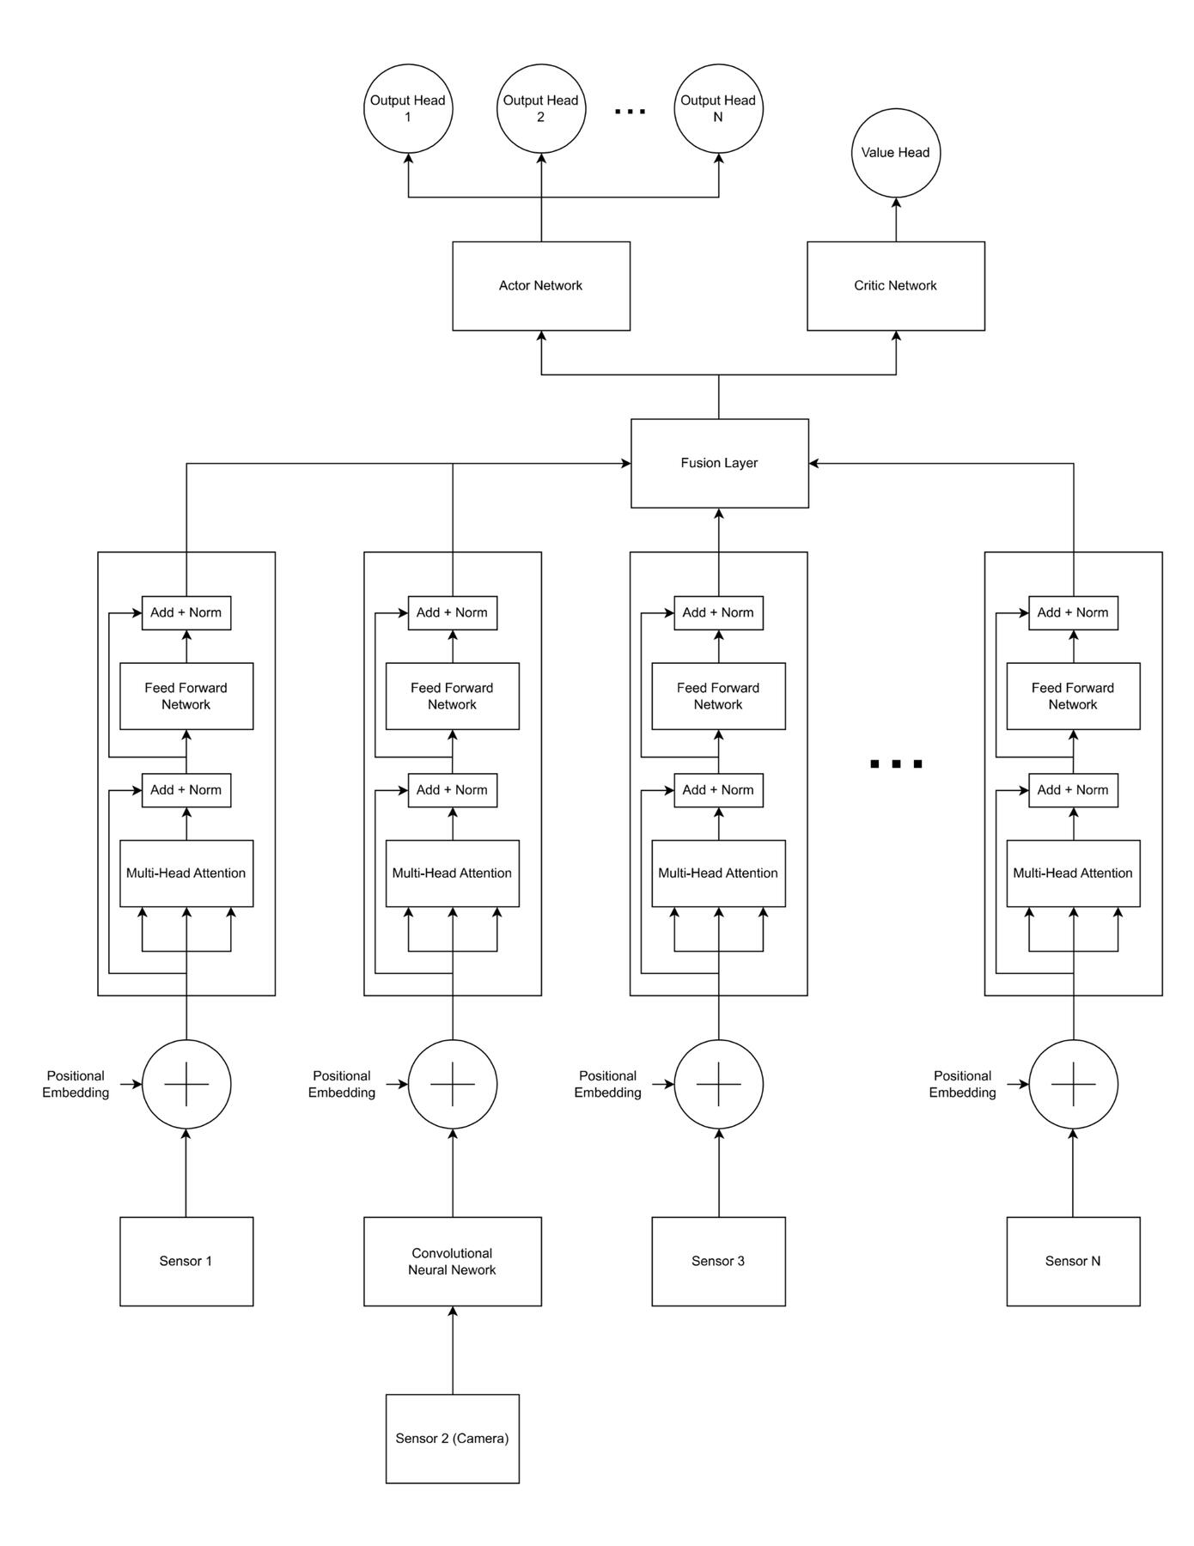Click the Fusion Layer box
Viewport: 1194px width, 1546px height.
(719, 463)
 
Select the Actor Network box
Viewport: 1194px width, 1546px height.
(541, 286)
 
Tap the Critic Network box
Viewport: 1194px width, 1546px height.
(895, 286)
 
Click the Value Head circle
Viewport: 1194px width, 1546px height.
(895, 153)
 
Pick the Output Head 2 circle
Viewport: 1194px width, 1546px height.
(541, 108)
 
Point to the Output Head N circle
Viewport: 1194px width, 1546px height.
(718, 108)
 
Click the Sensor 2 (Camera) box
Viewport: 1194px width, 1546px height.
(452, 1439)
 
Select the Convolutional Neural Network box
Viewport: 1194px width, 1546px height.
(452, 1261)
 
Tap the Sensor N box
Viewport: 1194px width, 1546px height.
(1073, 1261)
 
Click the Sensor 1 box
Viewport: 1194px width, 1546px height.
(186, 1261)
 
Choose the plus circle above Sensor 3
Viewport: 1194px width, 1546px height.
(719, 1084)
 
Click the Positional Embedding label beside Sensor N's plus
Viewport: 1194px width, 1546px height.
(962, 1084)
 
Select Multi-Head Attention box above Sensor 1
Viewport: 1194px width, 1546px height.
(186, 873)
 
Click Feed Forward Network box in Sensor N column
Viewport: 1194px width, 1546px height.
(1073, 697)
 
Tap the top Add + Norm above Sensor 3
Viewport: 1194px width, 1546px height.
(718, 613)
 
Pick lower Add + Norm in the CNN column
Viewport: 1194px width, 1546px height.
(452, 790)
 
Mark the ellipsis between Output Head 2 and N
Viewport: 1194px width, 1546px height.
(630, 112)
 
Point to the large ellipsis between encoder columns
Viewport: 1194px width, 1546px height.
(896, 764)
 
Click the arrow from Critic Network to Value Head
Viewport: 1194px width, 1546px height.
(896, 220)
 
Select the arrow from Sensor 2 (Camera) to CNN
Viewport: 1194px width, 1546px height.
(453, 1350)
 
